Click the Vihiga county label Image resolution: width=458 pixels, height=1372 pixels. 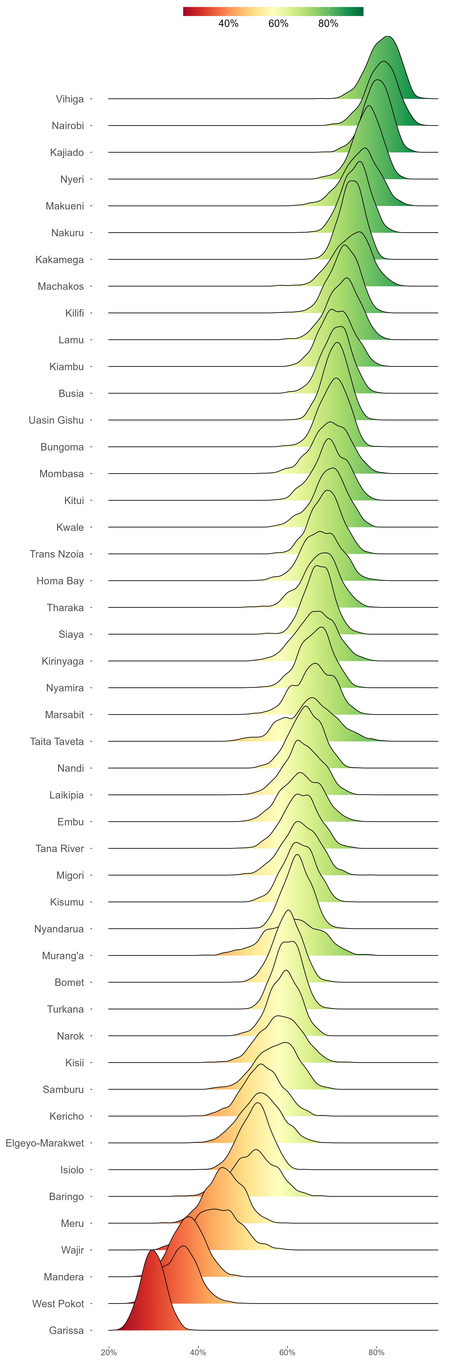pyautogui.click(x=70, y=99)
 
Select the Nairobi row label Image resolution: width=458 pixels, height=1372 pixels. pyautogui.click(x=68, y=126)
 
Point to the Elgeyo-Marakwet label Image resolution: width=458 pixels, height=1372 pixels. pyautogui.click(x=45, y=1143)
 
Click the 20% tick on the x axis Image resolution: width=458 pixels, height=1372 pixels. pyautogui.click(x=109, y=1352)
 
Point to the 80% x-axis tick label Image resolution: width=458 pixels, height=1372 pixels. pyautogui.click(x=376, y=1352)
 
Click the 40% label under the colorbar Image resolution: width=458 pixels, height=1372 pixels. pyautogui.click(x=228, y=23)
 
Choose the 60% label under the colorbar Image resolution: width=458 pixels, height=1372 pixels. pyautogui.click(x=278, y=23)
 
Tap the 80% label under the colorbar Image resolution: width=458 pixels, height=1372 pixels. pyautogui.click(x=328, y=23)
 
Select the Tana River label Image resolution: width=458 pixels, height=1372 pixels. pyautogui.click(x=60, y=849)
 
